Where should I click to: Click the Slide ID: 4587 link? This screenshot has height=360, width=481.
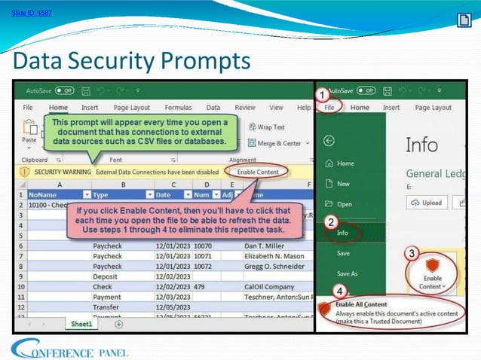pyautogui.click(x=32, y=13)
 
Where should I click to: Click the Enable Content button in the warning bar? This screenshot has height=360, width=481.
pyautogui.click(x=258, y=172)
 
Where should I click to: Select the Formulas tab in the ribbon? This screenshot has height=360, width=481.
pyautogui.click(x=178, y=108)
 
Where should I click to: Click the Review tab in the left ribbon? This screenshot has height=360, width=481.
pyautogui.click(x=245, y=108)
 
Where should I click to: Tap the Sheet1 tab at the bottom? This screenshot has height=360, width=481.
pyautogui.click(x=81, y=324)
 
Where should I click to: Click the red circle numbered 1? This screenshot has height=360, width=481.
pyautogui.click(x=321, y=96)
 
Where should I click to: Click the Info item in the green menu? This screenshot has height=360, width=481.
pyautogui.click(x=343, y=233)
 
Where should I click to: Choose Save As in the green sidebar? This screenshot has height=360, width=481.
pyautogui.click(x=347, y=273)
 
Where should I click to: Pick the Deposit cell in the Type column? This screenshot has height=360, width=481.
pyautogui.click(x=106, y=276)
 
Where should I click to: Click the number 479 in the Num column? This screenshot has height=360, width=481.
pyautogui.click(x=200, y=286)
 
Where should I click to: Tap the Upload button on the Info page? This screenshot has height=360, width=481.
pyautogui.click(x=426, y=203)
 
